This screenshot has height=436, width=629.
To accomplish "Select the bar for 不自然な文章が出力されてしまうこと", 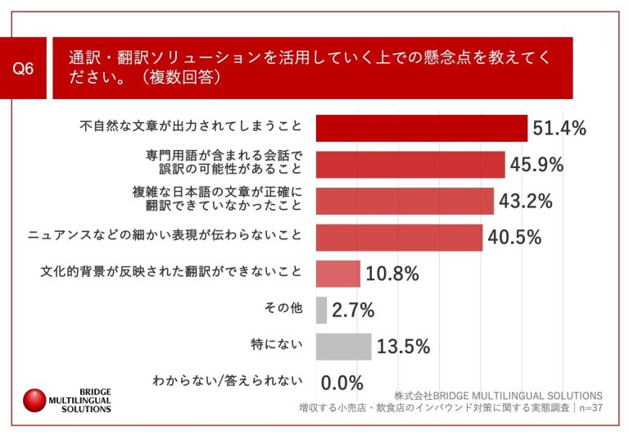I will click(421, 128).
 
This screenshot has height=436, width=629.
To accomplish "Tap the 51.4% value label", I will click(560, 128).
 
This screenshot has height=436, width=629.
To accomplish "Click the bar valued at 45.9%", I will click(410, 165).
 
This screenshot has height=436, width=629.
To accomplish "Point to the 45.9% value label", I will click(537, 165).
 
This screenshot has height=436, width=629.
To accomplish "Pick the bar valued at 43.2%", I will click(405, 201).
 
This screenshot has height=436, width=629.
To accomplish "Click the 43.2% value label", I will click(526, 201).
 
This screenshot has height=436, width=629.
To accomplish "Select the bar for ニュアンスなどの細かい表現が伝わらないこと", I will click(399, 238).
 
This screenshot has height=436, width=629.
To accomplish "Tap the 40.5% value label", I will click(514, 238).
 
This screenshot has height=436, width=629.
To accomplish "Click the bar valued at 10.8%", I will click(337, 274).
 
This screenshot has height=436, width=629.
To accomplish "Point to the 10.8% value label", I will click(392, 274).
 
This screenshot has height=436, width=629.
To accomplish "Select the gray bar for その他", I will click(321, 310).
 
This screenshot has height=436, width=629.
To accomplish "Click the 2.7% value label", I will click(354, 310).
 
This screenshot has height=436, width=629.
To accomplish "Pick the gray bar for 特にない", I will click(343, 347).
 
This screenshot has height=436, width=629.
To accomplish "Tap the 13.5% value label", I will click(403, 347).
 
